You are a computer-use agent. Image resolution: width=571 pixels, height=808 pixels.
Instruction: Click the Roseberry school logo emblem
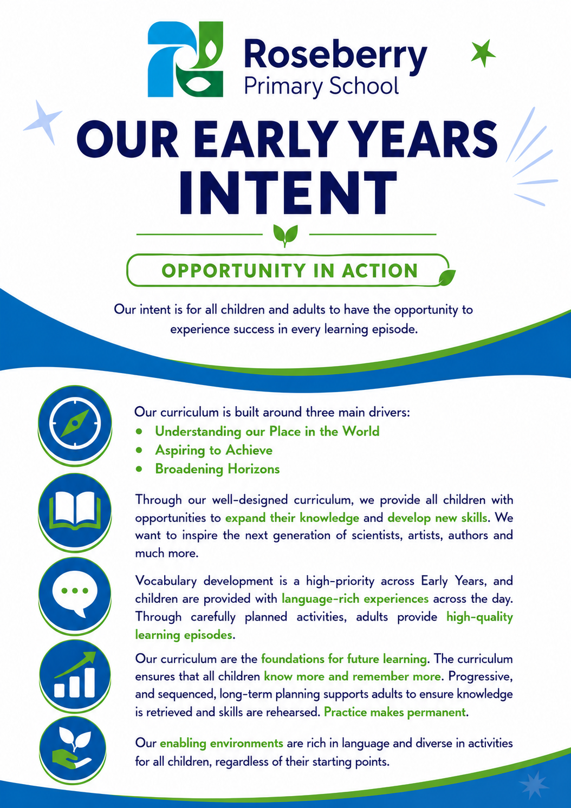point(185,59)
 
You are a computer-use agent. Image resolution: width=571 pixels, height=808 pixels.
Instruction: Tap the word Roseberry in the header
point(335,55)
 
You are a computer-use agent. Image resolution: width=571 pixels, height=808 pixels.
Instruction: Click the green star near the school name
point(483,53)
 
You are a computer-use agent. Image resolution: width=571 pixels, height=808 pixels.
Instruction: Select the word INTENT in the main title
point(288,193)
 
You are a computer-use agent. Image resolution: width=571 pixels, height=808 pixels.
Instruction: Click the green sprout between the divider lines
point(285,235)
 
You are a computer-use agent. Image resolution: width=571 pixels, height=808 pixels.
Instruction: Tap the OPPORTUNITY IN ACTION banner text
point(289,271)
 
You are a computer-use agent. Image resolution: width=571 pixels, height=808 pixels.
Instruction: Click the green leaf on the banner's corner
point(447,277)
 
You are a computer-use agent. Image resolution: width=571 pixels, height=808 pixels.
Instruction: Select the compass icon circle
point(75,424)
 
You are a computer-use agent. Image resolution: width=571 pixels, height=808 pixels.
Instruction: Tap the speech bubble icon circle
point(75,595)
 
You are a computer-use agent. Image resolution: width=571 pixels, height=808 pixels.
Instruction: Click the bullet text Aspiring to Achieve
point(213,450)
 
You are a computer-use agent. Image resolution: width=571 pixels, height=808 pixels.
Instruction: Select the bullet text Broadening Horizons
point(217,469)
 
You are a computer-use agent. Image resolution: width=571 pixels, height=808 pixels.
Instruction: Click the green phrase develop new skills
point(437,518)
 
